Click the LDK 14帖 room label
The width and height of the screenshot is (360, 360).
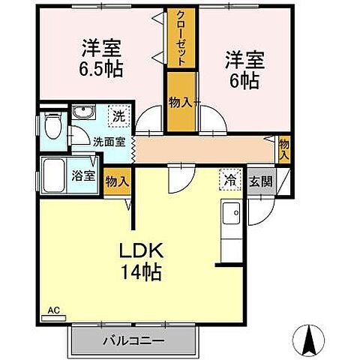142,259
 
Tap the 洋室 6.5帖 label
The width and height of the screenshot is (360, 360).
101,57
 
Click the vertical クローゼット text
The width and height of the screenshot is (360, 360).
181,37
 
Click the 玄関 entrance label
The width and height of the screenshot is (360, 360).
260,181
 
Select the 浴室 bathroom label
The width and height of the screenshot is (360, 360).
83,176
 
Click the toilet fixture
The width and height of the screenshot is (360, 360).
52,125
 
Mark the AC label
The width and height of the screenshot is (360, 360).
52,309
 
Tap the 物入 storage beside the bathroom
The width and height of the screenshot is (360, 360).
116,181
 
